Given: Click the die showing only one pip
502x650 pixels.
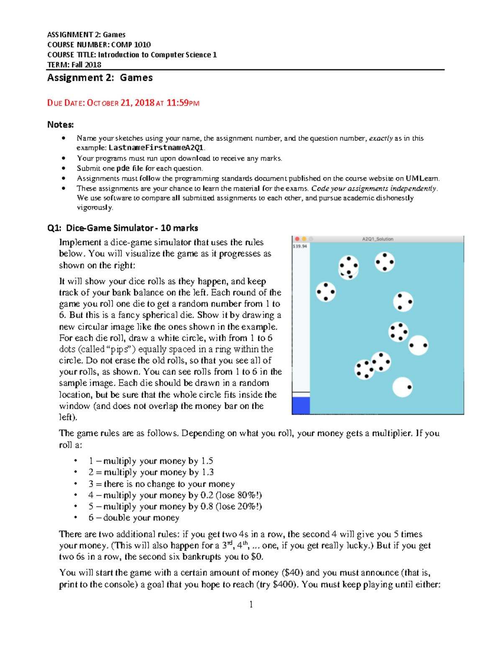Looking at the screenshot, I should tap(402, 387).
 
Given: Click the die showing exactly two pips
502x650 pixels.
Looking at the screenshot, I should tap(418, 345).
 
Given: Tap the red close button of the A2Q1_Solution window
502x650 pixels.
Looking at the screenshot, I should tap(297, 239).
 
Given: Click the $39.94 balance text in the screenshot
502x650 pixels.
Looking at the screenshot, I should tap(300, 246).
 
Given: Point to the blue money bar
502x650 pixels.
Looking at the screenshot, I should tap(301, 405).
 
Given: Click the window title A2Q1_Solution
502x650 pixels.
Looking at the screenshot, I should tap(377, 239).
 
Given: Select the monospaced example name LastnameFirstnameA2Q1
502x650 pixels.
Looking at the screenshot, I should tap(156, 148).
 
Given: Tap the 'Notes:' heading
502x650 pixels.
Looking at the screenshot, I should tap(60, 125).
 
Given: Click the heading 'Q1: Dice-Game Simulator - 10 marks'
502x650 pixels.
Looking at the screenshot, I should tap(123, 228).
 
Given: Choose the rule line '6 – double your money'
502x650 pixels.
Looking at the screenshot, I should tap(134, 518).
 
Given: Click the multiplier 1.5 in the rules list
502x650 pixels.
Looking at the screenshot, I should tap(207, 461).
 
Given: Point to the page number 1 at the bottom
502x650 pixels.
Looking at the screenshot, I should tap(251, 604).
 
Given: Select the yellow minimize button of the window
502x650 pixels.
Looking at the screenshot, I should tap(304, 239).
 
